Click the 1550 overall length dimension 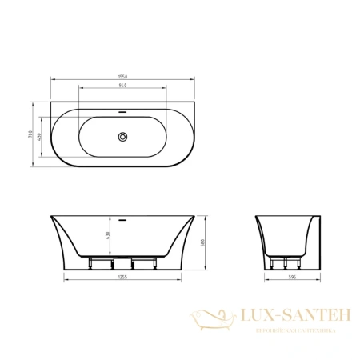tap(123, 76)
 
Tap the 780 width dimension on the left tap(30, 137)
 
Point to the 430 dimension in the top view tap(39, 137)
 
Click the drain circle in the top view tap(123, 137)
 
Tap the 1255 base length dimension tap(123, 276)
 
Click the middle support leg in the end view tap(285, 263)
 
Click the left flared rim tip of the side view tap(49, 216)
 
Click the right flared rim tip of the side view tap(197, 216)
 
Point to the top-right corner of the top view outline tap(195, 102)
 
